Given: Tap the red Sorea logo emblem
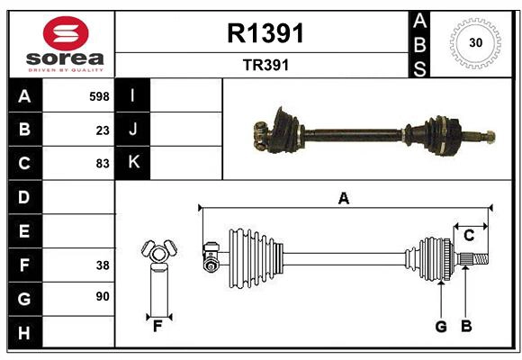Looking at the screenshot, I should point(65,33).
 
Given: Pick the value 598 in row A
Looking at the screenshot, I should point(99,95).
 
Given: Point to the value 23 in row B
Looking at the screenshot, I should point(103,130).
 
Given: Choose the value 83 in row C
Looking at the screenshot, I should point(103,164).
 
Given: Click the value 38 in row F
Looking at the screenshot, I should point(103,265).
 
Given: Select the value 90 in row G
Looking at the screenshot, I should point(103,296).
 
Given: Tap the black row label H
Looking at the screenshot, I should point(24,333).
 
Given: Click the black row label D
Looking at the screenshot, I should point(24,197).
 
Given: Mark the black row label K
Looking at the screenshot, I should point(134,163).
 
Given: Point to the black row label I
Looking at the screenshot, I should point(134,95).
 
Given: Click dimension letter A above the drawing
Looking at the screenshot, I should point(343,198).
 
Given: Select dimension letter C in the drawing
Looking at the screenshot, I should point(469,235).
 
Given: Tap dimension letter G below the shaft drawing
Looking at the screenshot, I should point(441,326).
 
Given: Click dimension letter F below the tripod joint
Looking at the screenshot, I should point(157,326).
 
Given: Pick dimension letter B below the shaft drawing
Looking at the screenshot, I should point(466,326).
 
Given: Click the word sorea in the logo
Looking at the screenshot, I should point(66,59).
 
